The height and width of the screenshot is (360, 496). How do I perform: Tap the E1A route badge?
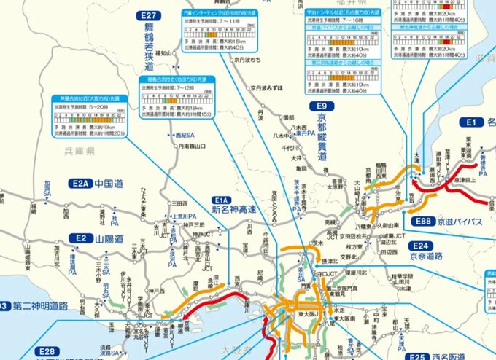(221, 199)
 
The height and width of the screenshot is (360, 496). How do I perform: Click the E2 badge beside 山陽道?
(78, 238)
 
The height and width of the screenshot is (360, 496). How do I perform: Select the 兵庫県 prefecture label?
(82, 150)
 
